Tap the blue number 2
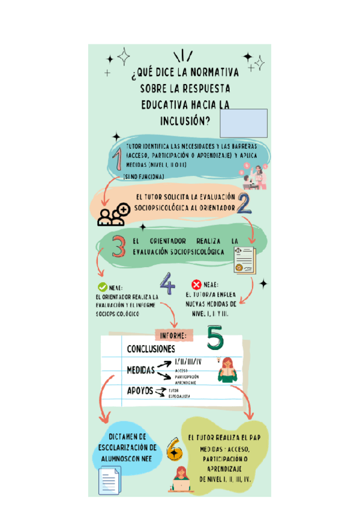click(244, 205)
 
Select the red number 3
click(119, 246)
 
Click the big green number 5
click(215, 340)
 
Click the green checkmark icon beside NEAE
click(103, 288)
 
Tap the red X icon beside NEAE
click(196, 285)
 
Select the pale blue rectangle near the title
click(244, 123)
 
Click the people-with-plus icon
click(114, 214)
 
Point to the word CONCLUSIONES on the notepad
click(151, 349)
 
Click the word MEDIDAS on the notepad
click(141, 370)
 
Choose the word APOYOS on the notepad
click(140, 391)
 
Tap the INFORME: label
click(174, 335)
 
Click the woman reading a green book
click(228, 370)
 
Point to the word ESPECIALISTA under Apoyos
click(179, 397)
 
